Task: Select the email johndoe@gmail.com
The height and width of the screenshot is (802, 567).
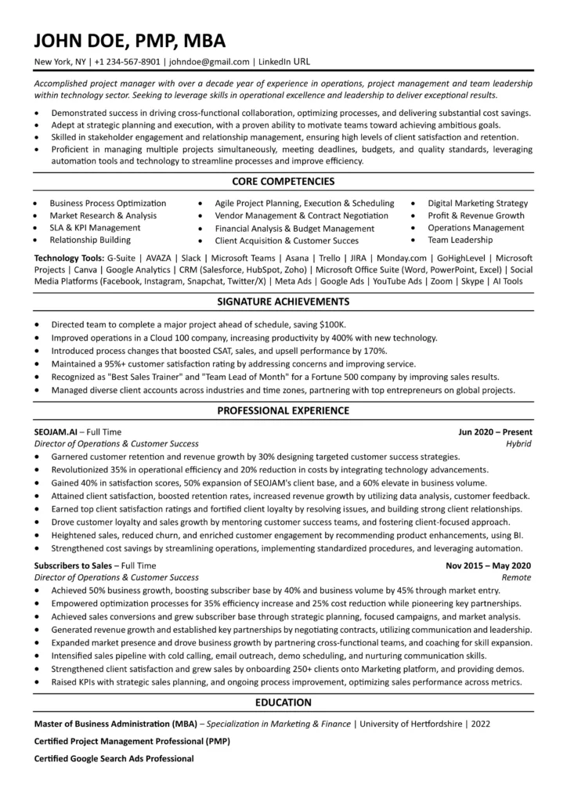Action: click(208, 62)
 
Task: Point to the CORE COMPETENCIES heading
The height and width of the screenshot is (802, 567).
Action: click(283, 181)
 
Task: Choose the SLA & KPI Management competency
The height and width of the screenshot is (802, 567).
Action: click(91, 228)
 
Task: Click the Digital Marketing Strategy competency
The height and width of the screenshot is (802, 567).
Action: click(478, 203)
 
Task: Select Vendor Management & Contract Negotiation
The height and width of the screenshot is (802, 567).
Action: click(302, 215)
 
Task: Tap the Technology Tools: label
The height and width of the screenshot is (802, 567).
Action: click(69, 257)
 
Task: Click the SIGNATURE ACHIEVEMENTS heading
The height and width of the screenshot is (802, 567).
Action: click(283, 301)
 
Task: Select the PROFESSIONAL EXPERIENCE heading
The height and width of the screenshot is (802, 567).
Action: click(283, 410)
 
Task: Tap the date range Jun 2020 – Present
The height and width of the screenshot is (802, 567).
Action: click(495, 432)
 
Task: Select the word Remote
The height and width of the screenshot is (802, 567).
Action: click(518, 576)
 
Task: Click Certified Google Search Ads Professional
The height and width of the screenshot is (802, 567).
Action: click(114, 758)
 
